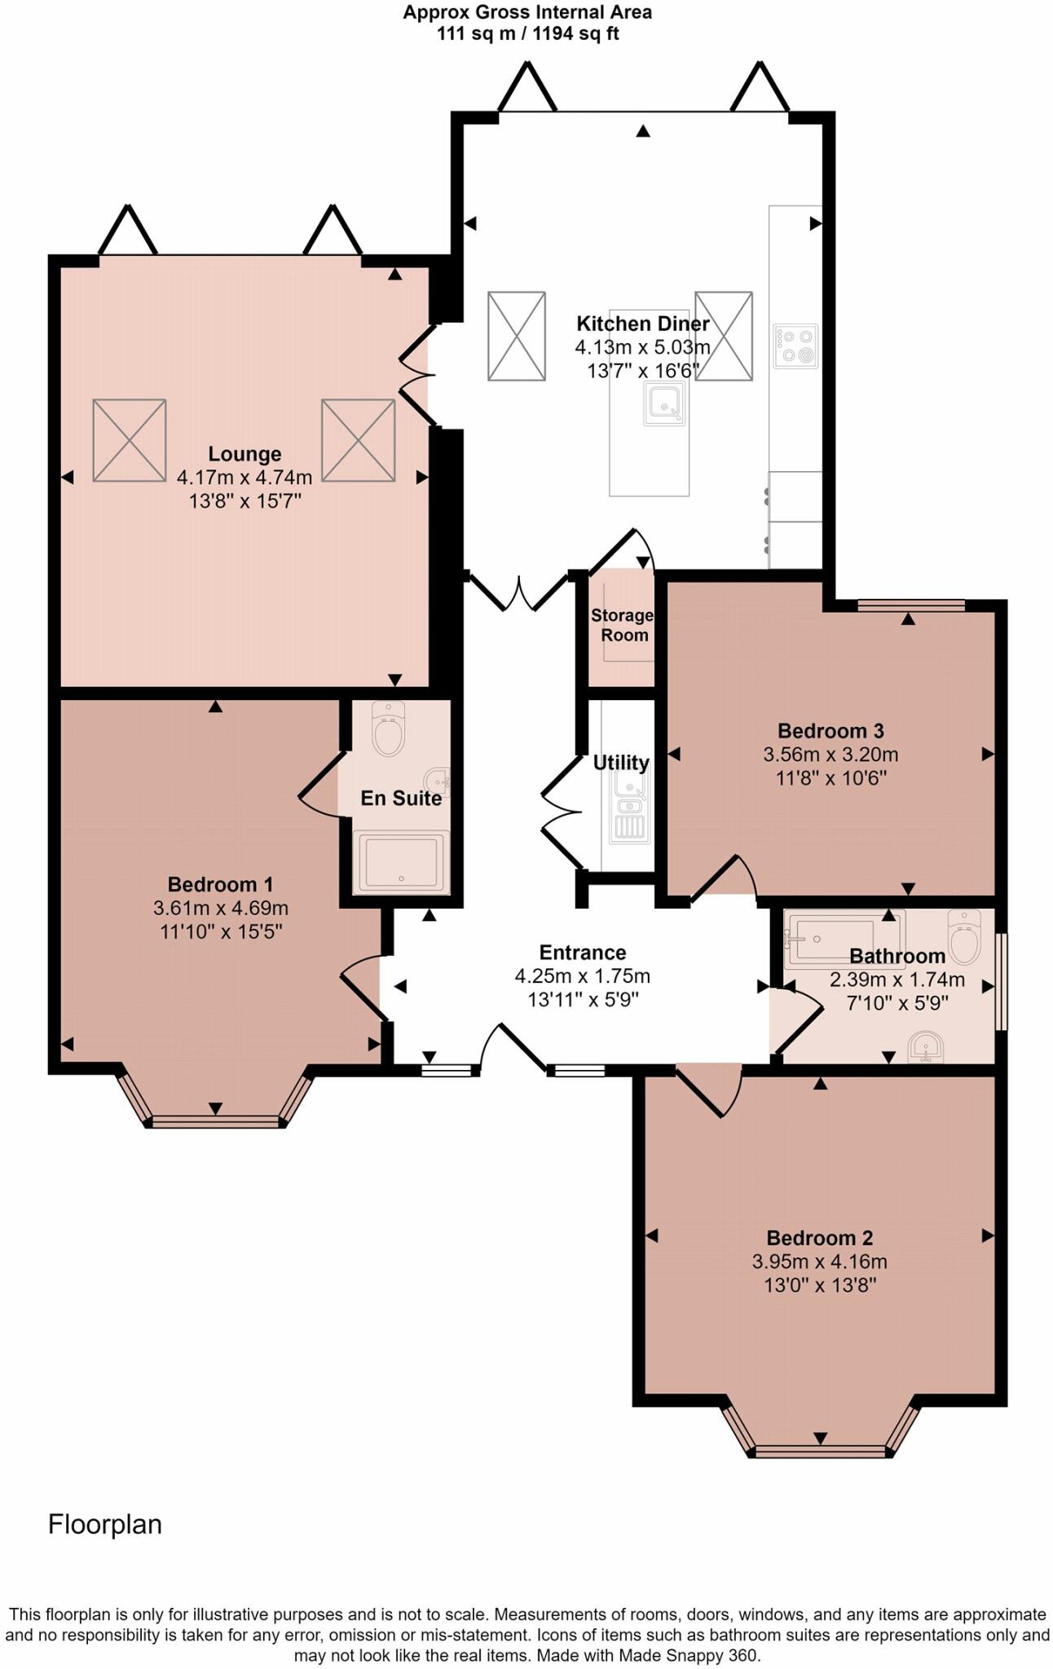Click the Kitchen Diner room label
coord(643,324)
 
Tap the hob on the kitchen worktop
coord(795,346)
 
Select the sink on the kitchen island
coord(664,403)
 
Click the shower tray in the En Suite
coord(401,861)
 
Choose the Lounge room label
coord(245,454)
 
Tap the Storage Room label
coord(622,625)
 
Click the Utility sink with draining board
coord(628,806)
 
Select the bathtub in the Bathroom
coord(844,937)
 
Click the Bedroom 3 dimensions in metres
coord(831,755)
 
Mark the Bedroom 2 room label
coord(819,1238)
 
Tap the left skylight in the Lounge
coord(130,440)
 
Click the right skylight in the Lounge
coord(358,440)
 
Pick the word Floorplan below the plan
coord(105,1525)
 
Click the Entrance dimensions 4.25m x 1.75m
coord(583,975)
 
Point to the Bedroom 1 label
coord(220,884)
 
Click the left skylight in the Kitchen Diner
coord(517,336)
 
